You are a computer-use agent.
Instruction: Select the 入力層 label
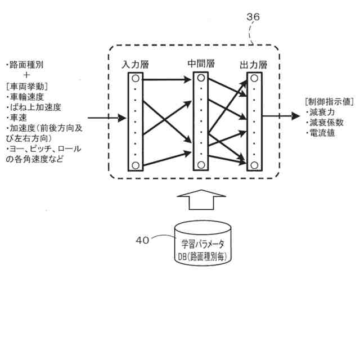click(x=135, y=64)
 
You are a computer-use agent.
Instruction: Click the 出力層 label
click(x=254, y=64)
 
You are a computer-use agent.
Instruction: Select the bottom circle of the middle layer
click(x=201, y=164)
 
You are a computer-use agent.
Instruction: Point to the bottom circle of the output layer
click(x=254, y=164)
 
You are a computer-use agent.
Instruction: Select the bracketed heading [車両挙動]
click(x=27, y=86)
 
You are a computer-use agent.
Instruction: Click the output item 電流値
click(x=322, y=133)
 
